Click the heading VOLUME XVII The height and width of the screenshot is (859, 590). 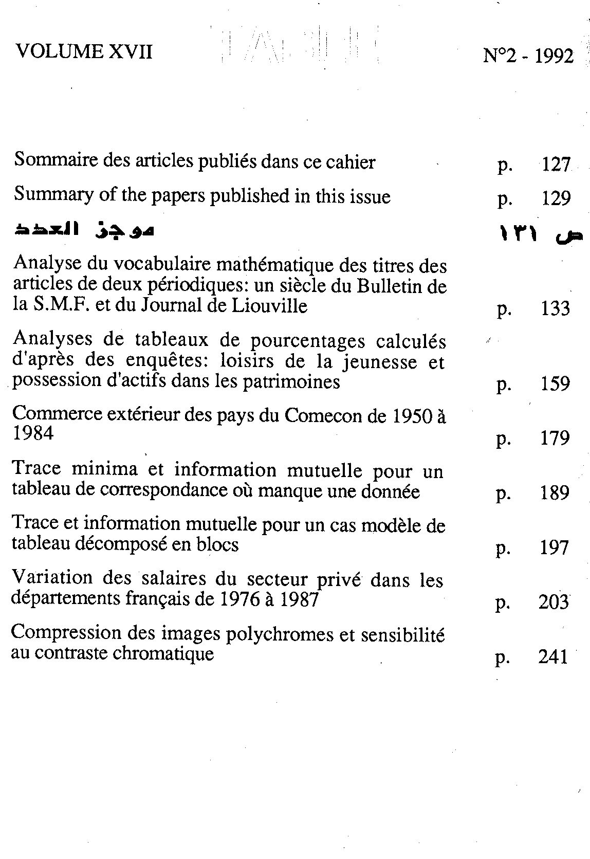point(84,52)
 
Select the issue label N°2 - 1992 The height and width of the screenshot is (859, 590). point(528,56)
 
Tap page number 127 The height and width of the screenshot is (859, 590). point(556,165)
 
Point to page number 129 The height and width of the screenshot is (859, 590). point(556,198)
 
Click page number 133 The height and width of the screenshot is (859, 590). point(555,308)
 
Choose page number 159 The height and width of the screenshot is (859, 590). point(555,383)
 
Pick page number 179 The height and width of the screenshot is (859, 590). point(555,438)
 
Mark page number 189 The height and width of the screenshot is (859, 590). point(555,492)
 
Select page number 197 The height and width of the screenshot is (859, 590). point(554,547)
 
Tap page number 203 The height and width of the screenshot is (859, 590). point(554,602)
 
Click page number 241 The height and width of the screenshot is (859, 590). point(553,656)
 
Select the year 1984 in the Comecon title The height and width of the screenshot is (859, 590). point(33,434)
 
